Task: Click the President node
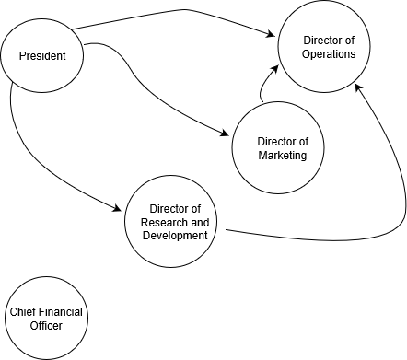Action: click(x=41, y=55)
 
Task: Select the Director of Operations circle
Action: click(x=324, y=46)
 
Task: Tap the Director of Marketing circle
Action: click(x=278, y=147)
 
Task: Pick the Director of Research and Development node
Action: click(x=170, y=221)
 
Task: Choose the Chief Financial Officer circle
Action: click(x=46, y=319)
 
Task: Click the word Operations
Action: click(x=329, y=54)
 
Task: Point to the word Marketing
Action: click(x=283, y=155)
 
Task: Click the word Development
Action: click(x=175, y=236)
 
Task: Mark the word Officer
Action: click(x=46, y=325)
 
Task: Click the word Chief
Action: click(x=19, y=312)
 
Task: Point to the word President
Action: click(x=42, y=56)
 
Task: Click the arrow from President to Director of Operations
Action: click(x=184, y=10)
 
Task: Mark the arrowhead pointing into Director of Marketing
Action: click(x=225, y=134)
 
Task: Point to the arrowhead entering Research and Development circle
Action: click(x=118, y=208)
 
